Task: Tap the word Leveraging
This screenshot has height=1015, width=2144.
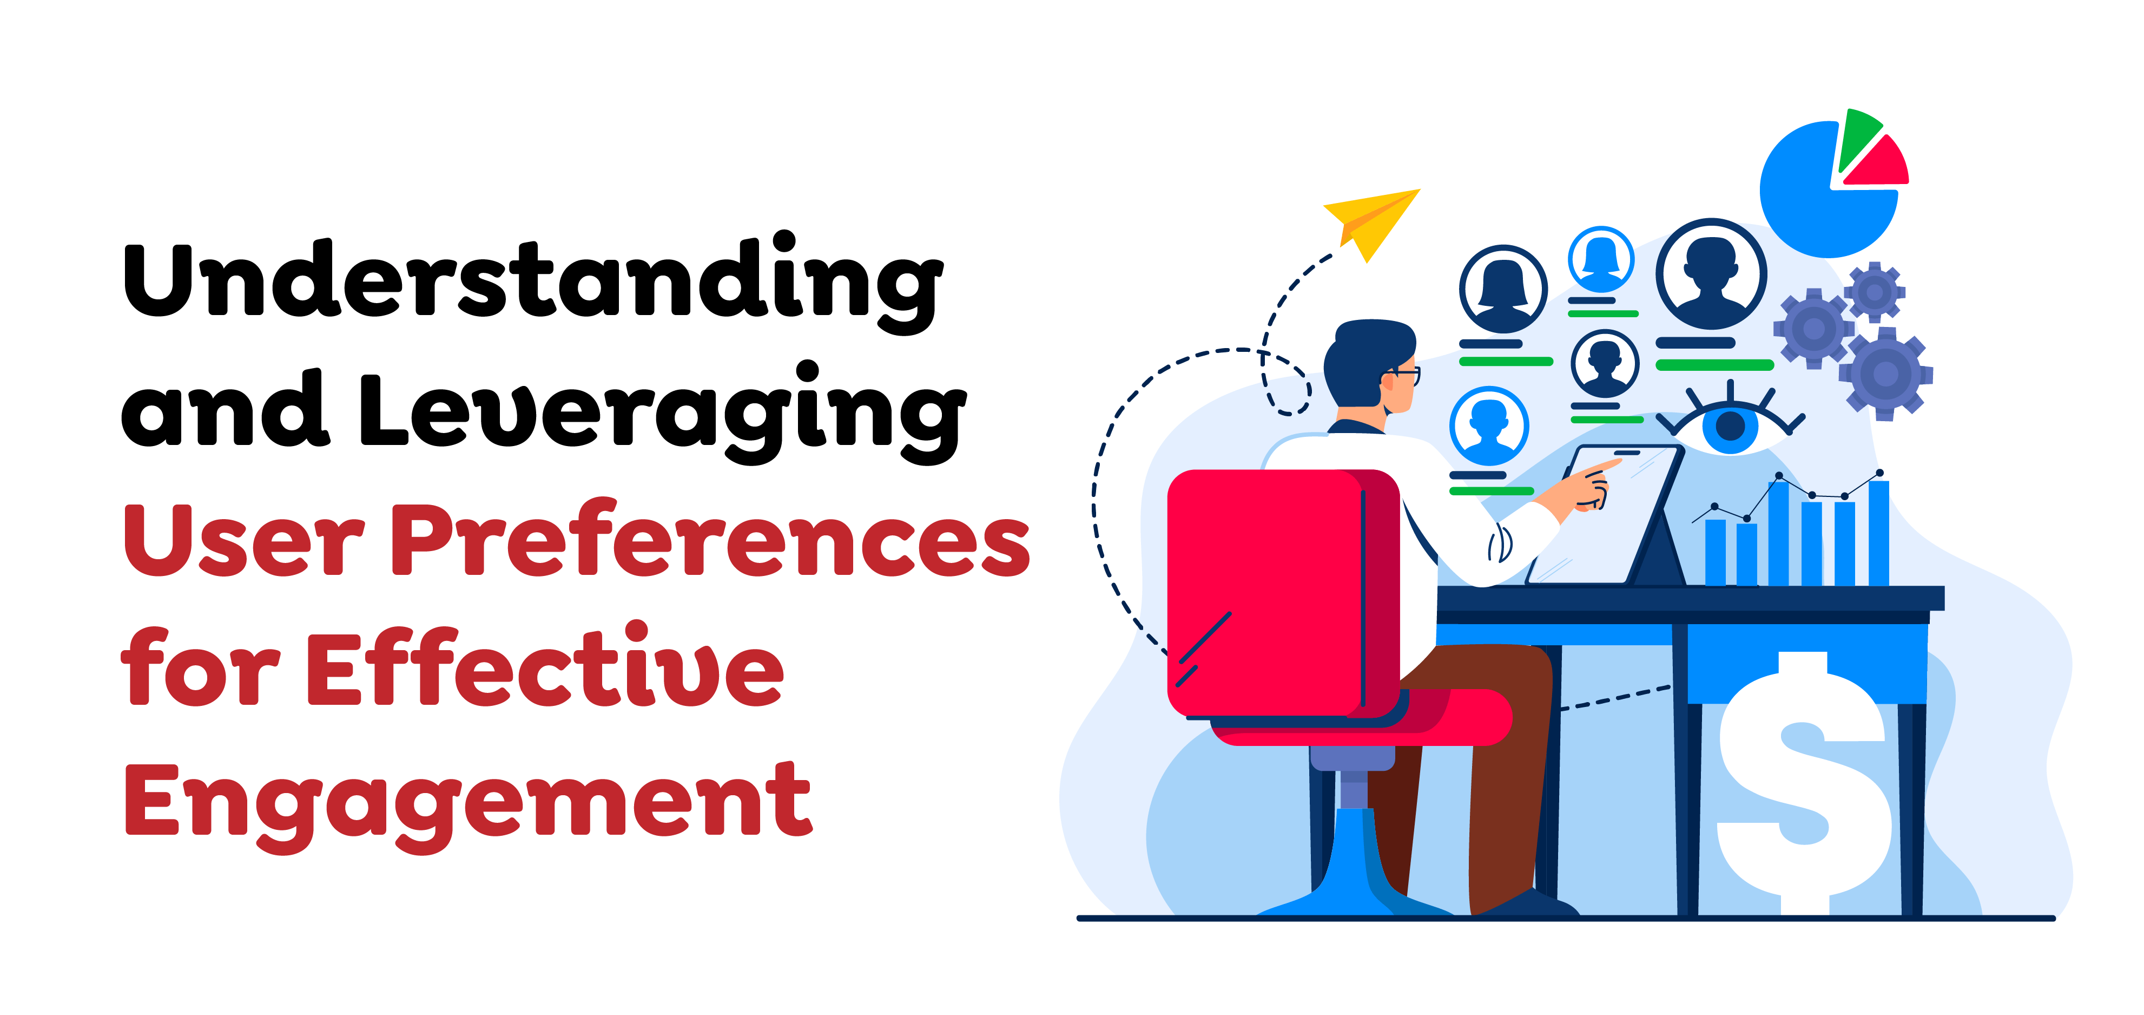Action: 662,412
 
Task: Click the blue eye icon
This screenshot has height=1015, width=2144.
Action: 1730,424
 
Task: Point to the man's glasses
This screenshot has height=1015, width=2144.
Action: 1405,375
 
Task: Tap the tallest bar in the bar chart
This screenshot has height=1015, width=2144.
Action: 1878,533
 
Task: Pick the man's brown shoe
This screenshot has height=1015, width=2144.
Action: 1532,903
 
